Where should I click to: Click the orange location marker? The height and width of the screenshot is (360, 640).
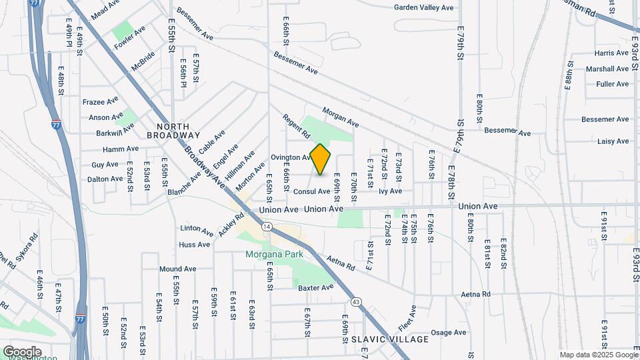tap(321, 159)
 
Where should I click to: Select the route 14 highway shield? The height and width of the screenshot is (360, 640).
tap(267, 227)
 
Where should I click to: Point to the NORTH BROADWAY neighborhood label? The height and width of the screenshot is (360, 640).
tap(173, 131)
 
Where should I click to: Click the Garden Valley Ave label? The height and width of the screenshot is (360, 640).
tap(423, 7)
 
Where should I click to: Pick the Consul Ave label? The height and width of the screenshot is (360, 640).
tap(312, 191)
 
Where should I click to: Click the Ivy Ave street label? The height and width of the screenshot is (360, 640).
tap(390, 191)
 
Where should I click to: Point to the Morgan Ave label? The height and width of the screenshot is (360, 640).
tap(341, 118)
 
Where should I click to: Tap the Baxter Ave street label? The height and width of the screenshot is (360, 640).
tap(315, 288)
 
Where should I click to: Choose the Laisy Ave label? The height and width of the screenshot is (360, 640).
tap(613, 141)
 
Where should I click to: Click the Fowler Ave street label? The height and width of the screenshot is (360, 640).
tap(129, 39)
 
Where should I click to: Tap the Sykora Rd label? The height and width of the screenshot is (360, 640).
tap(27, 245)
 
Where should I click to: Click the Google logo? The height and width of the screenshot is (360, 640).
tap(22, 351)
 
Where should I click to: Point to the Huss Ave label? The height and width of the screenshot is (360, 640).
tap(194, 245)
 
